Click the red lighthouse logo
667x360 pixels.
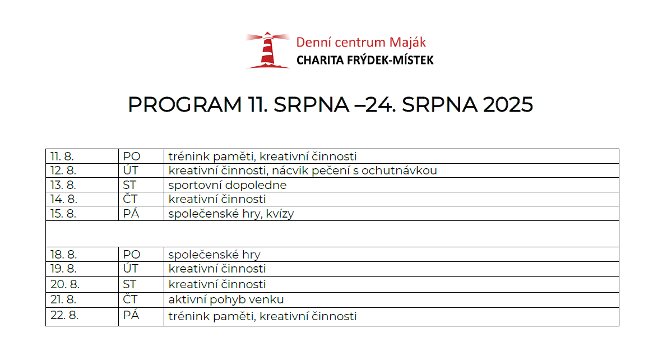[267, 50]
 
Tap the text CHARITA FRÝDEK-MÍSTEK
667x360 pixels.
[365, 61]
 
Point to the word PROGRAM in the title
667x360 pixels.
[185, 105]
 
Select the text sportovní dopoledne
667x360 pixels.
[228, 185]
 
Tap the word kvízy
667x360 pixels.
[280, 214]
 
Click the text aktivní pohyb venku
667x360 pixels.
[226, 299]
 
